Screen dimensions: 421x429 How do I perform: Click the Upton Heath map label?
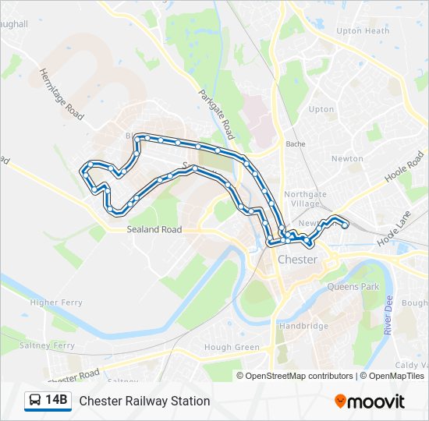click(x=362, y=31)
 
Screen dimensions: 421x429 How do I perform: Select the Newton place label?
click(x=347, y=158)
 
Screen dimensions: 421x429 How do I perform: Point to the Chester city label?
click(x=297, y=260)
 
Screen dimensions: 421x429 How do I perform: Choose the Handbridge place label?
click(x=303, y=326)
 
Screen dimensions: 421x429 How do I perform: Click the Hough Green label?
click(x=231, y=348)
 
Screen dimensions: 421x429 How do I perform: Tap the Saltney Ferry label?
click(x=48, y=345)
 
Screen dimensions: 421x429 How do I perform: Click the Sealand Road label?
click(x=154, y=230)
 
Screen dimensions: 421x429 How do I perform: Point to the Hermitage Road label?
click(x=61, y=93)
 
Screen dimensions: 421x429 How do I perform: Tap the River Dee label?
click(x=388, y=315)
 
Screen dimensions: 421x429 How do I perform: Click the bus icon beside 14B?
click(x=35, y=401)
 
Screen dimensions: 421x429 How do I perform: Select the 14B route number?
click(x=56, y=401)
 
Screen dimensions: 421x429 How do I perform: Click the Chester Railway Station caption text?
click(x=144, y=401)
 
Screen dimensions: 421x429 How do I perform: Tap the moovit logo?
click(x=370, y=402)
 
